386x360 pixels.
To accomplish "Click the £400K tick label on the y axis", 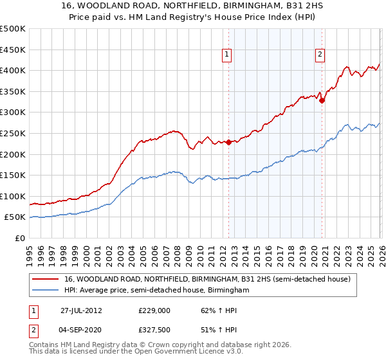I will tap(13, 71).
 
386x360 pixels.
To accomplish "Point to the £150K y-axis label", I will tap(13, 175).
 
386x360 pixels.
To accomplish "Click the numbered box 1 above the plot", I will tap(228, 55).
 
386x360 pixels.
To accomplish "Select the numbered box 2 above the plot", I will tap(320, 55).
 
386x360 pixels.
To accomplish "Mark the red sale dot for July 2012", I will tap(228, 142).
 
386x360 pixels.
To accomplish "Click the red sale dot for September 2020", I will tap(322, 100).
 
